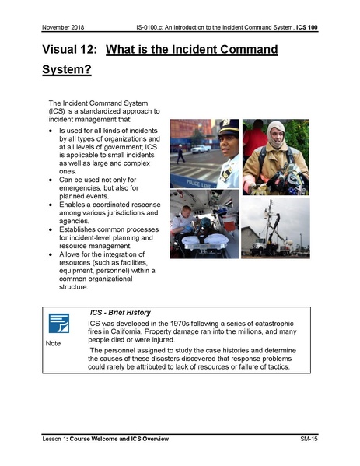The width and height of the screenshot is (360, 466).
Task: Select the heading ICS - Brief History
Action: [x=122, y=311]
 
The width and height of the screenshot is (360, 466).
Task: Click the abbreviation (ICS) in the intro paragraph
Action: [x=58, y=111]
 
